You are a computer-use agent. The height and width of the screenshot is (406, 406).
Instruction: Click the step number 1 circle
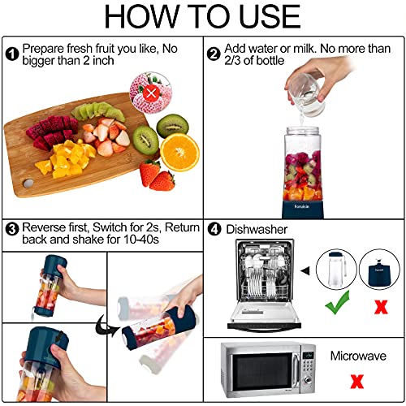(x=12, y=54)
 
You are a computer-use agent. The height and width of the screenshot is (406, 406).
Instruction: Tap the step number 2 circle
(x=214, y=54)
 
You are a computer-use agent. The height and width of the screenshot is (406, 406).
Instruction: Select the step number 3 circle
(x=12, y=229)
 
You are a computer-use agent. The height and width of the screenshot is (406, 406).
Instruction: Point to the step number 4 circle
(x=214, y=229)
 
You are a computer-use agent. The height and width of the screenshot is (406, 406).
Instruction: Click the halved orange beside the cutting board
(x=179, y=152)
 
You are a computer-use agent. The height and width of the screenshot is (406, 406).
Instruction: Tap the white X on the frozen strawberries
(x=151, y=93)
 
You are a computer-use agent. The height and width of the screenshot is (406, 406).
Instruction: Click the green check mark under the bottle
(x=338, y=303)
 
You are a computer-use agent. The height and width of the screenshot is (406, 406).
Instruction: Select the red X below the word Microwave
(x=357, y=381)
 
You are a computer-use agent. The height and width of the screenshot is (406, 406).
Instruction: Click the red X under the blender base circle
(x=381, y=307)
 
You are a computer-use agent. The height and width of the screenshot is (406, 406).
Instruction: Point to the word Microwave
(x=358, y=356)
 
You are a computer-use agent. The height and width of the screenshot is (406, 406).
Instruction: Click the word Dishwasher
(x=257, y=230)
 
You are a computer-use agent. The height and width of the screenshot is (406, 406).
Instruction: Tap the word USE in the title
(x=270, y=16)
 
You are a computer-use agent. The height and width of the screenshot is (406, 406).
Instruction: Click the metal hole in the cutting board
(x=28, y=184)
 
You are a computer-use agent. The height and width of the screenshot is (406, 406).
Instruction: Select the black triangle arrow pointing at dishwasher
(x=305, y=270)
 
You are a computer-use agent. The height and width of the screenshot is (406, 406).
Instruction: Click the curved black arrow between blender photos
(x=106, y=326)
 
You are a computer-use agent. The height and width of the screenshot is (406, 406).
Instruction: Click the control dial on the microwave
(x=308, y=380)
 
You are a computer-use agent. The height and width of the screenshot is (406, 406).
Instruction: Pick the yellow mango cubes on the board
(x=67, y=160)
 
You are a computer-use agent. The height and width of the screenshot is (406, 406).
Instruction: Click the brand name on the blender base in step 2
(x=302, y=206)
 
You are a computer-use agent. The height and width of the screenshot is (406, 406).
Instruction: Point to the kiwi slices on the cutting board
(x=98, y=111)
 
